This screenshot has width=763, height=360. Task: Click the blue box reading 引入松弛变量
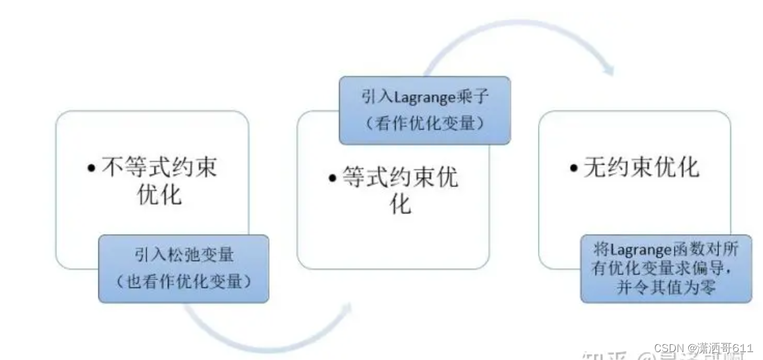pos(184,269)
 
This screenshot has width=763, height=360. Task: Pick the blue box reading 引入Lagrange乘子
pos(424,110)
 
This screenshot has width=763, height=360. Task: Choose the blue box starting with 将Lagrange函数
pos(666,270)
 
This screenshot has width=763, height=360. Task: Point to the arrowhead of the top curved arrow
pos(609,70)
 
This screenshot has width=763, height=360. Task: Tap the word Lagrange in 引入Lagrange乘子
pos(424,98)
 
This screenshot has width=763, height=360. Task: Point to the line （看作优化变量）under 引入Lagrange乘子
pos(424,123)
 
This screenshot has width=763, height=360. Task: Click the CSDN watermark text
pos(703,348)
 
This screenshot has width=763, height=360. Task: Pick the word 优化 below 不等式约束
pos(159,195)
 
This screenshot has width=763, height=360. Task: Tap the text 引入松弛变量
pos(184,254)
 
